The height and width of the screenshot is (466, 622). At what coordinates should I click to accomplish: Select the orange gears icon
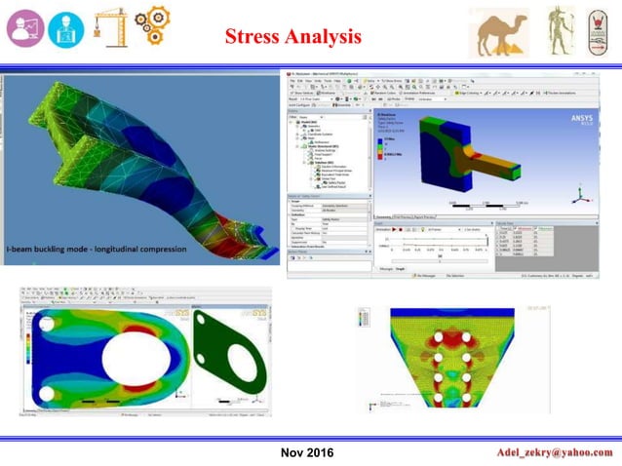(152, 28)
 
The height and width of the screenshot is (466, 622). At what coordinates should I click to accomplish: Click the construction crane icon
(109, 27)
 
